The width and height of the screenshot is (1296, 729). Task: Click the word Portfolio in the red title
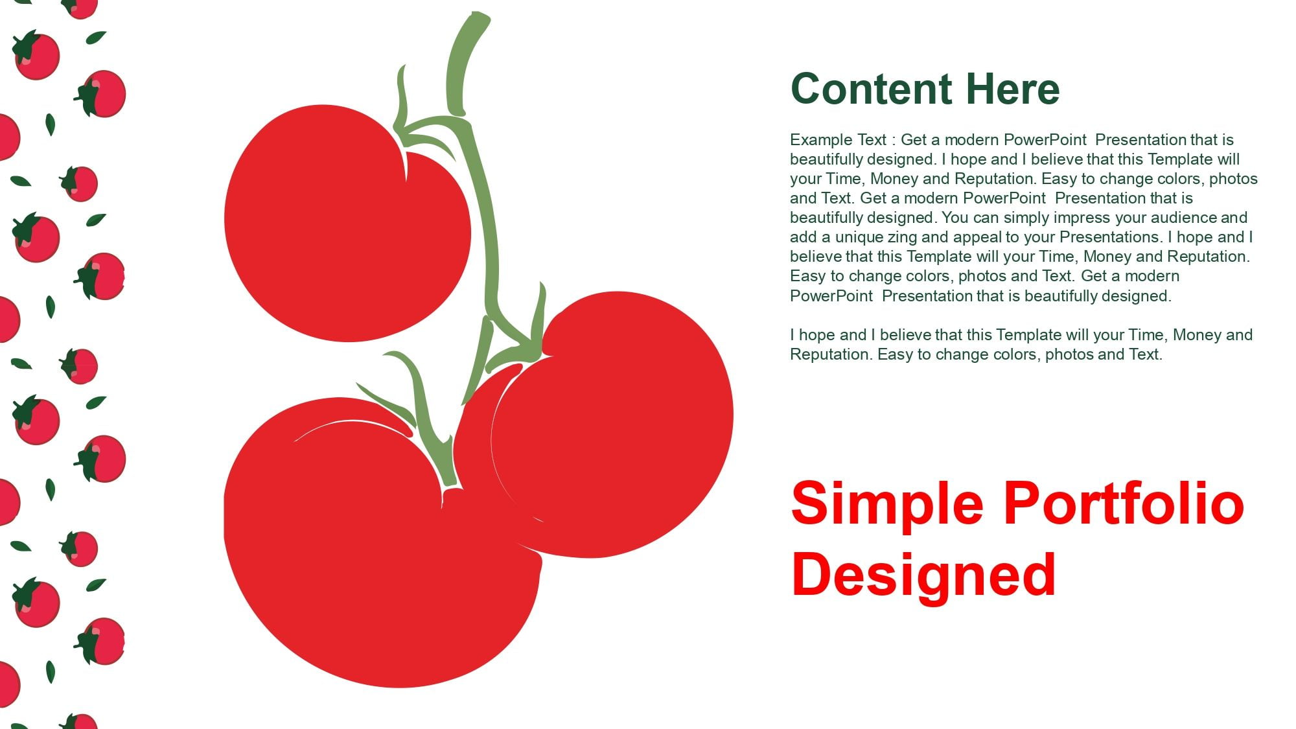point(1124,503)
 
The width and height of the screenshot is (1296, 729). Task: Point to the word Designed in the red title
point(924,574)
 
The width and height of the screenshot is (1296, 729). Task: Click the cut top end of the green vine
point(479,16)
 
